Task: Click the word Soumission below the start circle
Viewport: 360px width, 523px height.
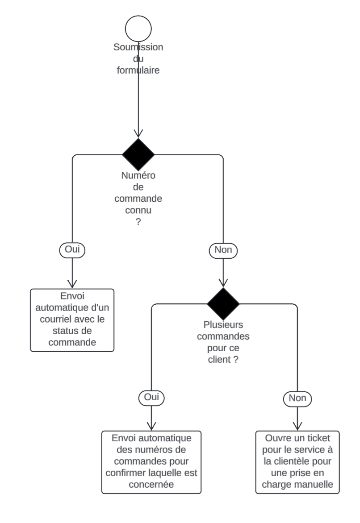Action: point(138,47)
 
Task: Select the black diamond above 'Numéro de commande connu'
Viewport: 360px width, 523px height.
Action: point(138,155)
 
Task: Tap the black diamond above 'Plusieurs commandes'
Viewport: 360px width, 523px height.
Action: point(223,304)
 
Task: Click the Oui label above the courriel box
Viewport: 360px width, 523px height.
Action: point(72,249)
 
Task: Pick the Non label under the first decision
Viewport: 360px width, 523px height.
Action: point(223,250)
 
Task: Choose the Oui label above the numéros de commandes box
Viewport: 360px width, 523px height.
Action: point(151,397)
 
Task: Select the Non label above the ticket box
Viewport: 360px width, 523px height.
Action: point(297,398)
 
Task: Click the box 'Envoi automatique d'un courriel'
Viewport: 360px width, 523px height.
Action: point(72,320)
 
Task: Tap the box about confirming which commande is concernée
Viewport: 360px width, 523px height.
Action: point(151,462)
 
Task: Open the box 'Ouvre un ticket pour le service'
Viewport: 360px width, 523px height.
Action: point(297,462)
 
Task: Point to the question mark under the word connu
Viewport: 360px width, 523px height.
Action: point(138,222)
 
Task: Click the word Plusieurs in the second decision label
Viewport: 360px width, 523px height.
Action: point(223,324)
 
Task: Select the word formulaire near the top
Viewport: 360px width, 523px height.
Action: point(138,71)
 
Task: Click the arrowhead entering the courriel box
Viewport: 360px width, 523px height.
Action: point(72,285)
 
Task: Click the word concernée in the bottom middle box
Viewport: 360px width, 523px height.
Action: point(151,484)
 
